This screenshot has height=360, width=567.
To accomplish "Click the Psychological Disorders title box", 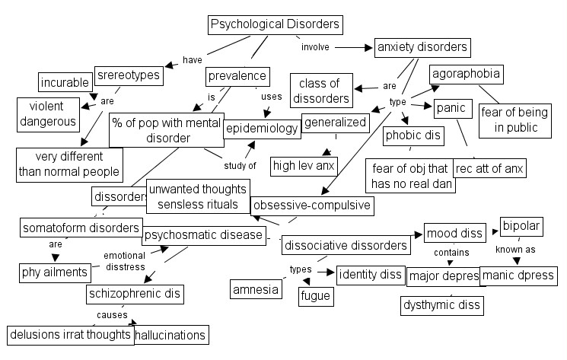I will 275,24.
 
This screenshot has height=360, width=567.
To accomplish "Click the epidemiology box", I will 262,129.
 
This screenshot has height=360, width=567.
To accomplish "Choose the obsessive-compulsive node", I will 311,205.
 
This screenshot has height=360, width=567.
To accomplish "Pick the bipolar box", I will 521,227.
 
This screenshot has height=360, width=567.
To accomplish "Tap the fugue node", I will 315,295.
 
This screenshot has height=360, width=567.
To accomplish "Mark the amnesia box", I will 254,289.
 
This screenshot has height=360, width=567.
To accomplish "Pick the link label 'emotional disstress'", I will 124,260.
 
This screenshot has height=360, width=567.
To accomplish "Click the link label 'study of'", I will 240,164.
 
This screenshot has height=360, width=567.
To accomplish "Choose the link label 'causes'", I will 111,314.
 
